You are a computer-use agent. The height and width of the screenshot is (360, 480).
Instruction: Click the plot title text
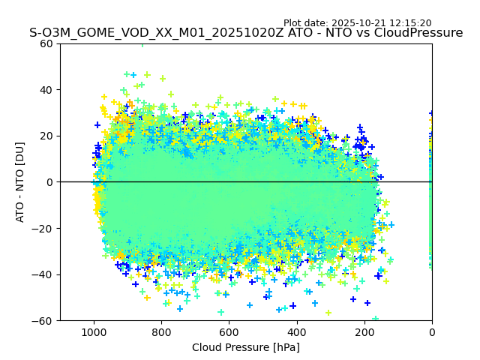(x=246, y=33)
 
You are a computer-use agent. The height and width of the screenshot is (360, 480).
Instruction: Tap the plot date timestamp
(x=357, y=23)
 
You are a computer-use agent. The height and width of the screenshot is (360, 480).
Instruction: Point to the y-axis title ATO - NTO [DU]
(x=20, y=182)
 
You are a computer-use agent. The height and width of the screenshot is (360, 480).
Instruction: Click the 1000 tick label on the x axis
(x=94, y=332)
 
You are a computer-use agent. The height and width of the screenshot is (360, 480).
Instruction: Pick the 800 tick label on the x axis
(x=161, y=332)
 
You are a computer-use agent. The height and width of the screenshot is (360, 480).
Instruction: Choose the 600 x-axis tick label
(x=229, y=332)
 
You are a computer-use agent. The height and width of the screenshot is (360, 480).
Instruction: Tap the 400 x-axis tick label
(x=297, y=332)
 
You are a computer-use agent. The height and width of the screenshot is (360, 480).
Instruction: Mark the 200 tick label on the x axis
(x=364, y=332)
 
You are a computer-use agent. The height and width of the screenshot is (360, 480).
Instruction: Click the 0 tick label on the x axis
(x=432, y=332)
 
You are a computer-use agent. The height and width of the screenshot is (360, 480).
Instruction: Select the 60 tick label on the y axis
(x=46, y=43)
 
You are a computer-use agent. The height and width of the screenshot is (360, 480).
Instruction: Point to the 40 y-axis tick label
(x=46, y=90)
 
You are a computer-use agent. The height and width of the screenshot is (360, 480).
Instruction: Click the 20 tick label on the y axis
(x=46, y=136)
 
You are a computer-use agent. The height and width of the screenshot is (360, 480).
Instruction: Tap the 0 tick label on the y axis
(x=49, y=182)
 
